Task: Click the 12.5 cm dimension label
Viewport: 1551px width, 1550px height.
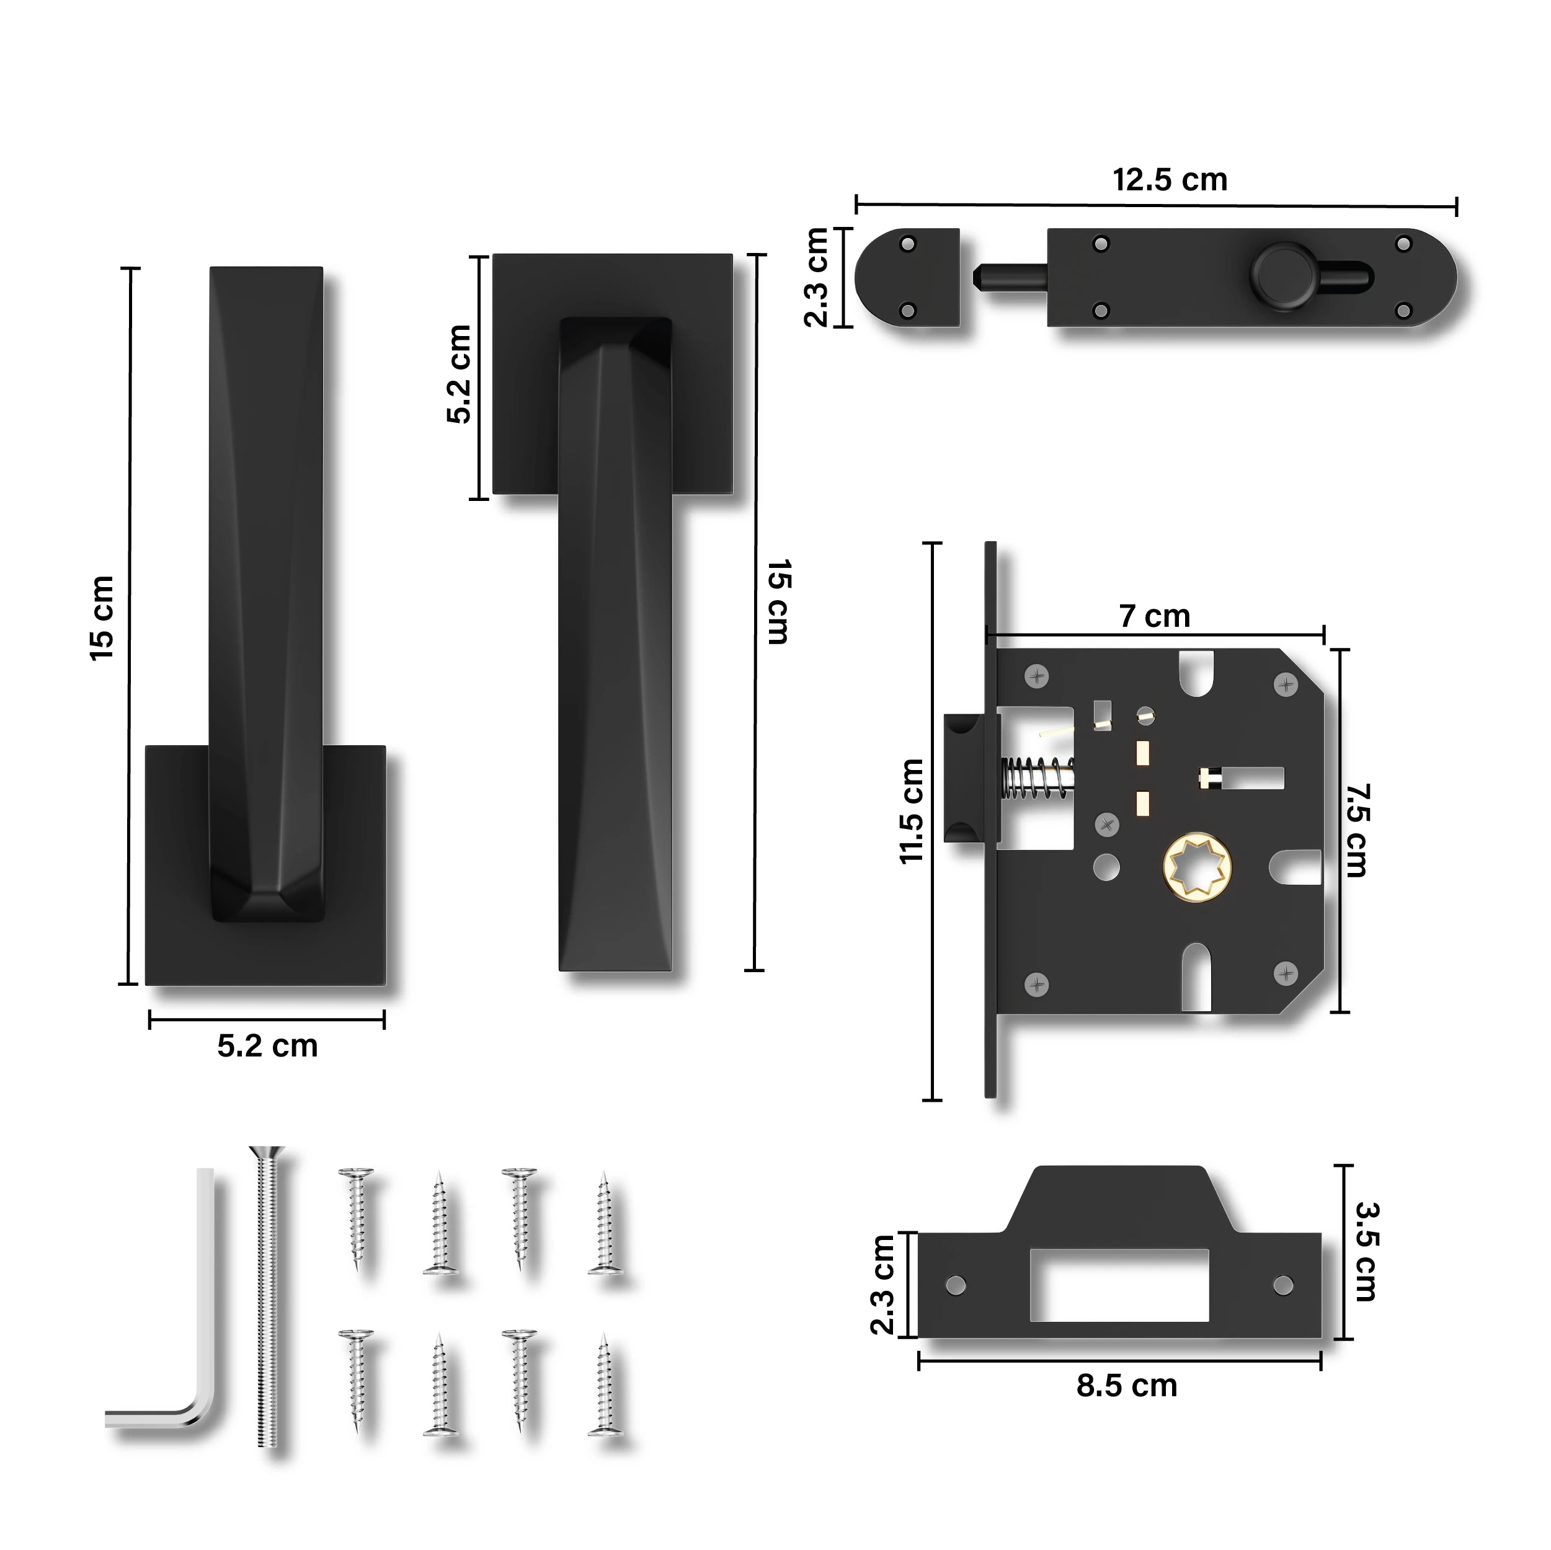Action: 1170,180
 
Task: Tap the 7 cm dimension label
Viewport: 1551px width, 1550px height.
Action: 1155,616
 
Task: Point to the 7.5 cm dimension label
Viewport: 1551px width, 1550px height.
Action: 1358,830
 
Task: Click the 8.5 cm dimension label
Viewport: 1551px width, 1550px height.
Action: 1126,1386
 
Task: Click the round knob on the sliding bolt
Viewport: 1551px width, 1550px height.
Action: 1281,275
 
